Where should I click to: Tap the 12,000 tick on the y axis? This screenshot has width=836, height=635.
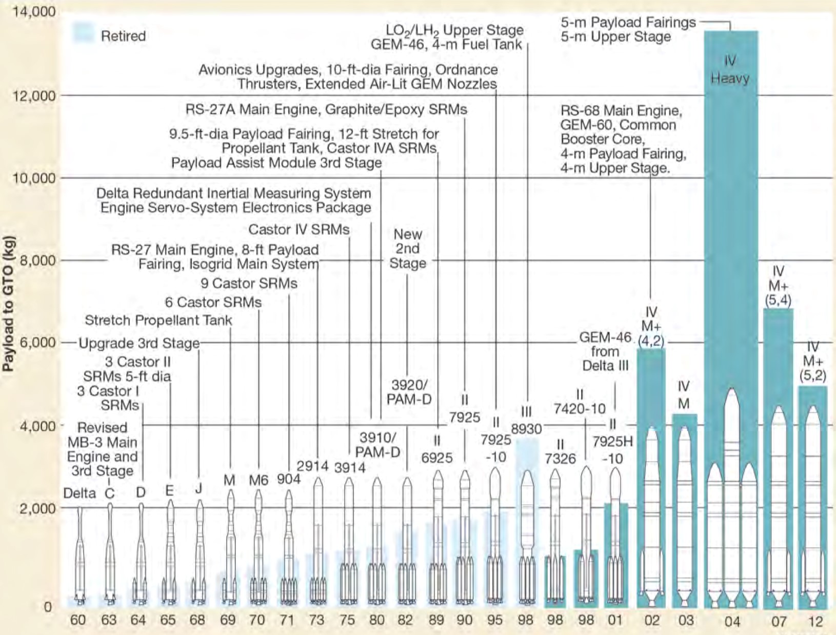tap(33, 96)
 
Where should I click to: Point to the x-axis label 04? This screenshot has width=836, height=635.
tap(732, 622)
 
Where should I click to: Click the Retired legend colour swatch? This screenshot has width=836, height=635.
tap(83, 32)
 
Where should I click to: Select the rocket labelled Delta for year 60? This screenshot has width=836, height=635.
tap(79, 554)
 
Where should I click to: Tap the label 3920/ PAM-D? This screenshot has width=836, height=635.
tap(409, 392)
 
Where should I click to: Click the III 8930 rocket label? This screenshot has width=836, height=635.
tap(526, 421)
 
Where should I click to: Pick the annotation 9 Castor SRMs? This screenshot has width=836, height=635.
tap(249, 283)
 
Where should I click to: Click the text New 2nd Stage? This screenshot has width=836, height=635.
tap(408, 249)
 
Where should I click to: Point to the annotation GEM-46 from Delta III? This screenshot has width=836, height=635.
tap(605, 351)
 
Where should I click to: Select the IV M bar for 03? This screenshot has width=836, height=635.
tap(685, 513)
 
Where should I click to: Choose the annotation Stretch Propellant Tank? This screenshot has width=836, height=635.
tap(158, 321)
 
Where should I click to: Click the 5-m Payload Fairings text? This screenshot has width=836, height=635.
tap(628, 23)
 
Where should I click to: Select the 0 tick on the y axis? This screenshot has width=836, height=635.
tap(48, 607)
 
